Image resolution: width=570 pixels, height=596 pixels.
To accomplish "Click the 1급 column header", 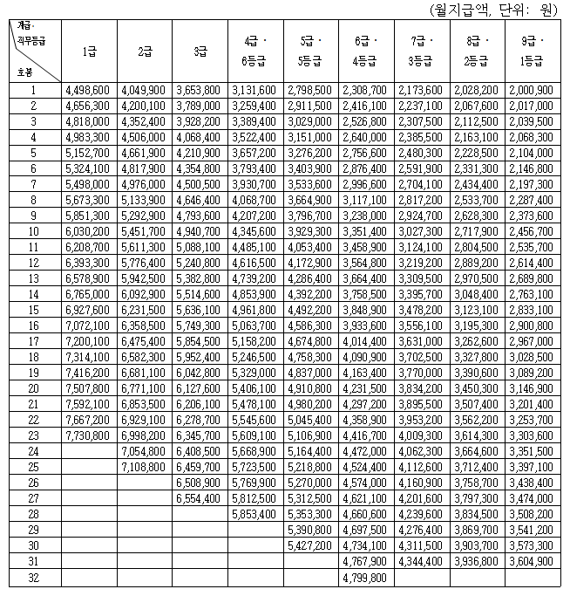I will (88, 51).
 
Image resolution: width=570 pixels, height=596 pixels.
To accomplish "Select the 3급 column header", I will (199, 51).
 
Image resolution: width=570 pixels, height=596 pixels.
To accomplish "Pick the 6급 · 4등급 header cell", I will (365, 51).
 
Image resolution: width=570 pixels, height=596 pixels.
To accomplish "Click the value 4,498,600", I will (88, 90).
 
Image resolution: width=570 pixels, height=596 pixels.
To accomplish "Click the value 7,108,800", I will (144, 467).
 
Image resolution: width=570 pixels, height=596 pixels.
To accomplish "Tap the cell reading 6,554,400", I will (199, 498).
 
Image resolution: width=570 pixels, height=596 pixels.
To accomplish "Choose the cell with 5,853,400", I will (254, 514).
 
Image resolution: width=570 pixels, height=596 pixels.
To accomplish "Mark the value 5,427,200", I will (309, 545).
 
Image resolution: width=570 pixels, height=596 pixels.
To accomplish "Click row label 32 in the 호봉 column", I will (33, 578).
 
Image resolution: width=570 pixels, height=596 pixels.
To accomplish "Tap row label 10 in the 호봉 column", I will (33, 231).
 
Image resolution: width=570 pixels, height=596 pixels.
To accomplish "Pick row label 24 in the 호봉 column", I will (33, 451).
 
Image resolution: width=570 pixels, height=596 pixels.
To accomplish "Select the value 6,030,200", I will (88, 231).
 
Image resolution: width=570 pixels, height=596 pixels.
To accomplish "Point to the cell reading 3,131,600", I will (254, 90).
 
